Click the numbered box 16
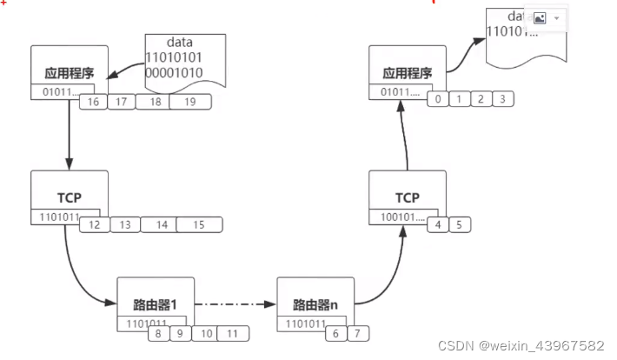click(x=93, y=103)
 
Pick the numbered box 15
click(x=199, y=225)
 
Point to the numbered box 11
click(x=232, y=333)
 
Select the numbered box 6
click(x=335, y=333)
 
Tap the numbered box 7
click(x=358, y=333)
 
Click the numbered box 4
click(x=439, y=225)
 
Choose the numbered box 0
click(x=438, y=100)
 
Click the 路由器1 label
click(x=156, y=304)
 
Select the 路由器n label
click(x=315, y=304)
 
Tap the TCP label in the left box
click(x=69, y=197)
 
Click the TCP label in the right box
click(x=407, y=197)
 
